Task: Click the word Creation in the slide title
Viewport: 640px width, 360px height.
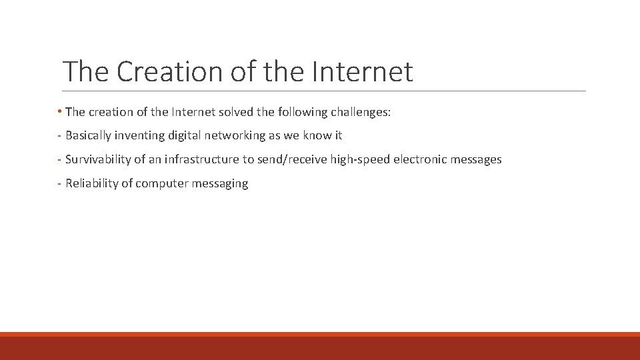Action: [172, 71]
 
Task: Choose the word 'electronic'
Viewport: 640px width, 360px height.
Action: [417, 159]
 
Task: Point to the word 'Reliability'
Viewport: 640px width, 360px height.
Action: [91, 183]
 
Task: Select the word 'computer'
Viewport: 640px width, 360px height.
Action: [162, 183]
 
